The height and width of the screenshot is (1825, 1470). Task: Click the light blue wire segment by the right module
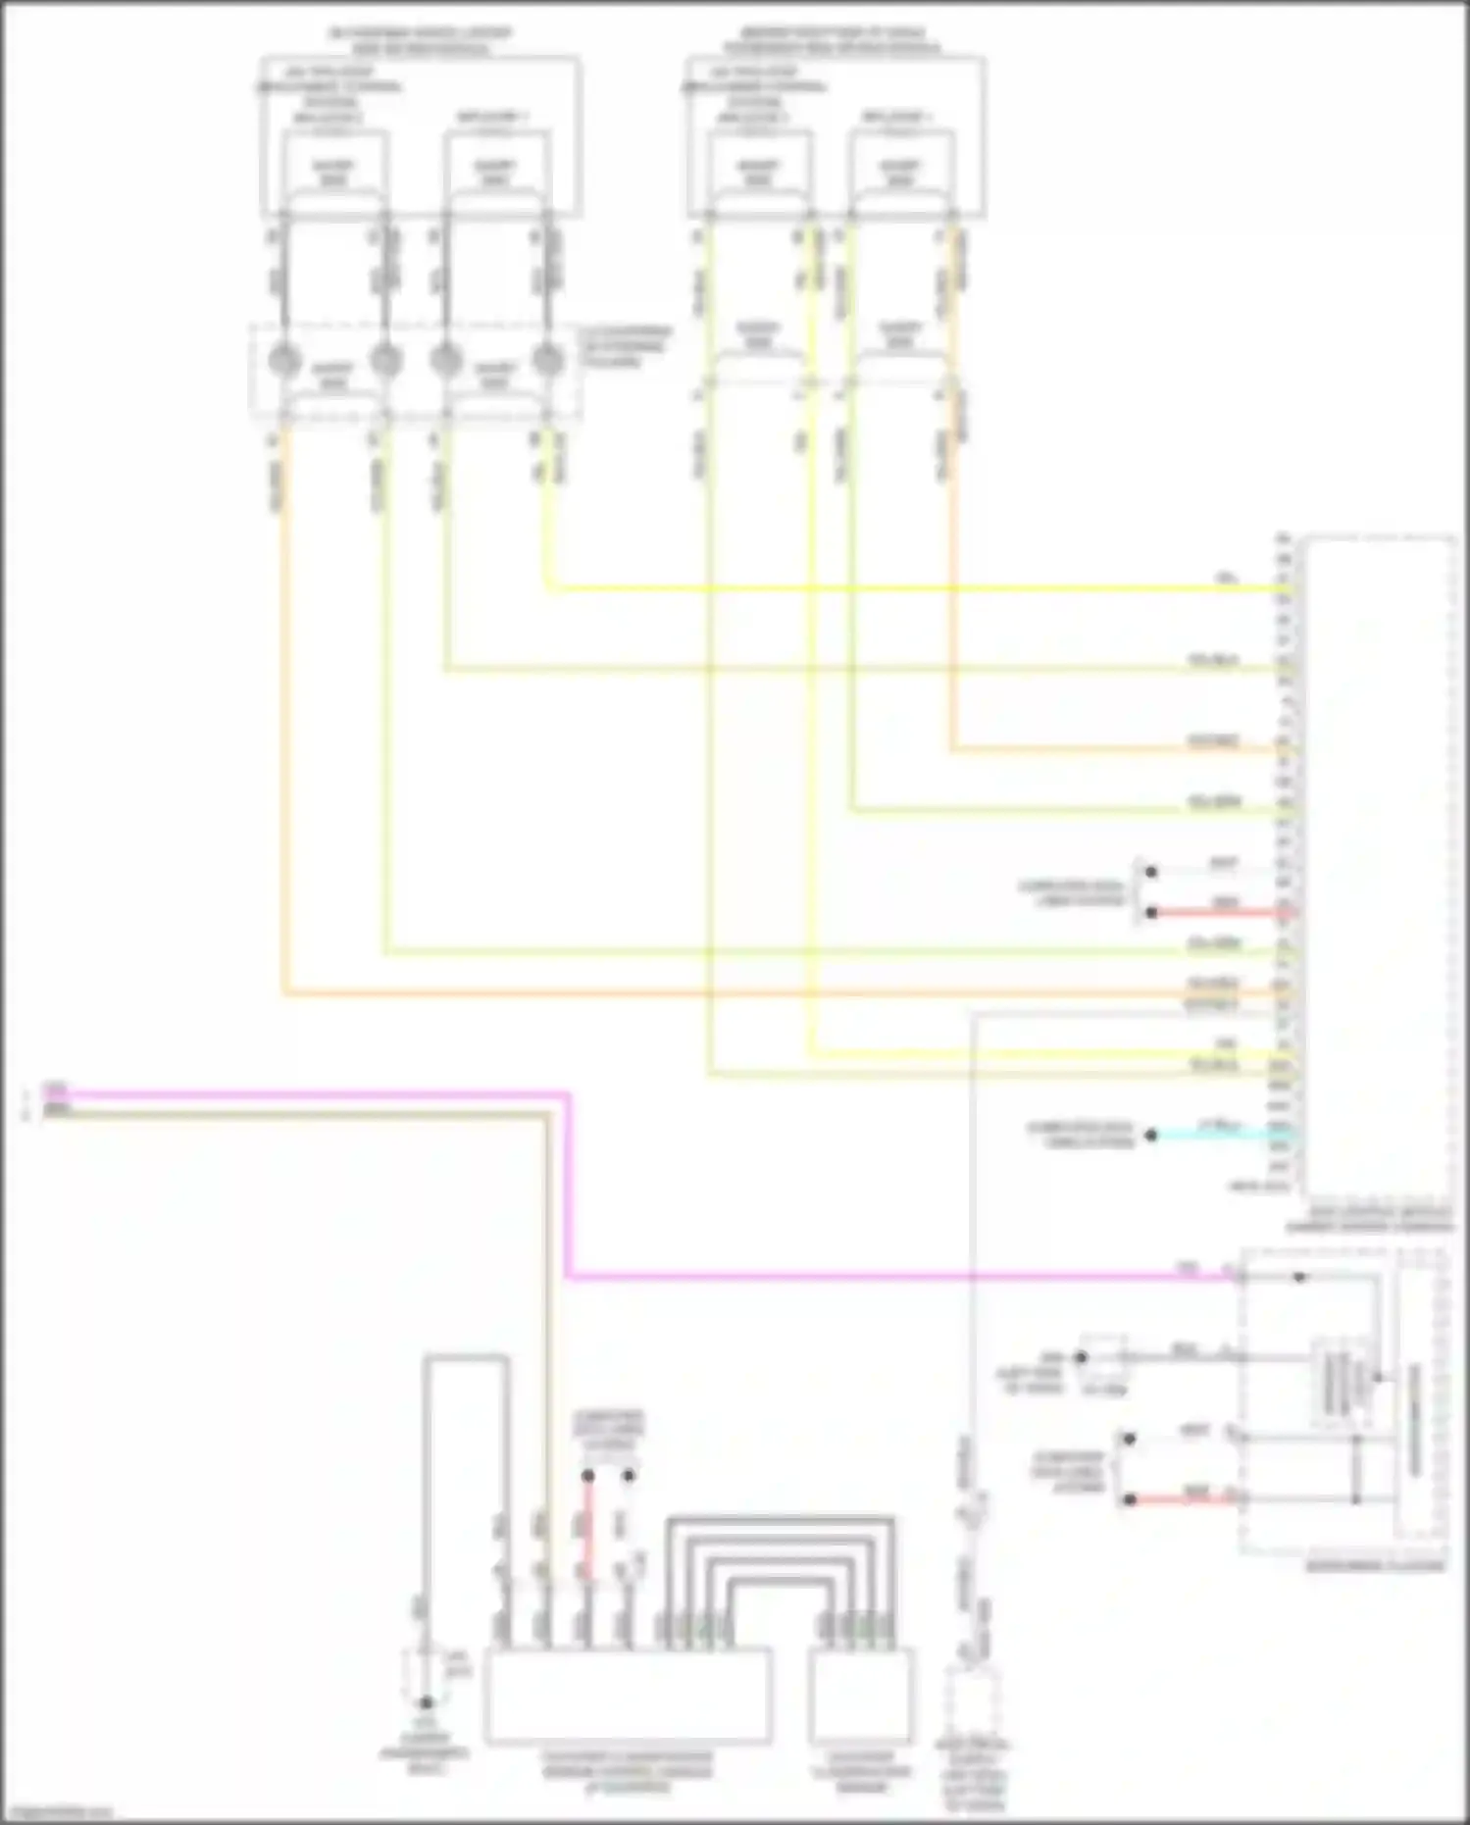[1221, 1136]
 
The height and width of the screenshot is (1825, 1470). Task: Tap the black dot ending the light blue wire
[1151, 1136]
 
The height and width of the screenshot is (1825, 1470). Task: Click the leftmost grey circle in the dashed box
[284, 360]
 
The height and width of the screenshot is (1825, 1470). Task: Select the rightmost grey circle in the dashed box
[548, 360]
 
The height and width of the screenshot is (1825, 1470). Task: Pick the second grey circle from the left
[386, 360]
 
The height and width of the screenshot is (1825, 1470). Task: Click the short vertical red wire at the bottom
[587, 1525]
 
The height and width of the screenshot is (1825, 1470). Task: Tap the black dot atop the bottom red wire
[587, 1475]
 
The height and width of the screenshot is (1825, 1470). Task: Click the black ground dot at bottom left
[426, 1702]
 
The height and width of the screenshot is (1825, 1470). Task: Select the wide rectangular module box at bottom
[628, 1696]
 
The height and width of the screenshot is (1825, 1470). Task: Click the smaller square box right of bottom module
[862, 1696]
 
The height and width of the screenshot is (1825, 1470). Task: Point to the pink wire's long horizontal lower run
[883, 1278]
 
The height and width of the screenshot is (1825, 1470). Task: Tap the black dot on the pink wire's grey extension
[1299, 1277]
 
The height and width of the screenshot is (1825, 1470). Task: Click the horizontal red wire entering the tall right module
[1221, 912]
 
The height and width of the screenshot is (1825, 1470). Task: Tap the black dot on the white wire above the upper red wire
[1151, 872]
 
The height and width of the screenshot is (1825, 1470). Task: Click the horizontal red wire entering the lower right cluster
[1182, 1499]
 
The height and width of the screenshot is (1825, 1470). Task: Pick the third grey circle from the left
[446, 360]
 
